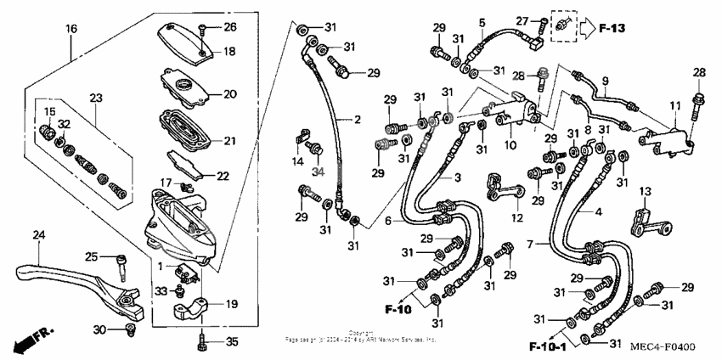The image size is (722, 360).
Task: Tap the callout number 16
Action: pyautogui.click(x=72, y=29)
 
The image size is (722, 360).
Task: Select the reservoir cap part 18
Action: pyautogui.click(x=183, y=40)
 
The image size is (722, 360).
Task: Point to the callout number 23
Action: pyautogui.click(x=95, y=98)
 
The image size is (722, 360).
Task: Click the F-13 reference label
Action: pyautogui.click(x=611, y=29)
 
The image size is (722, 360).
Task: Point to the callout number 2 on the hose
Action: pyautogui.click(x=357, y=120)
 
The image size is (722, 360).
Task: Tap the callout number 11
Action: pyautogui.click(x=674, y=104)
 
